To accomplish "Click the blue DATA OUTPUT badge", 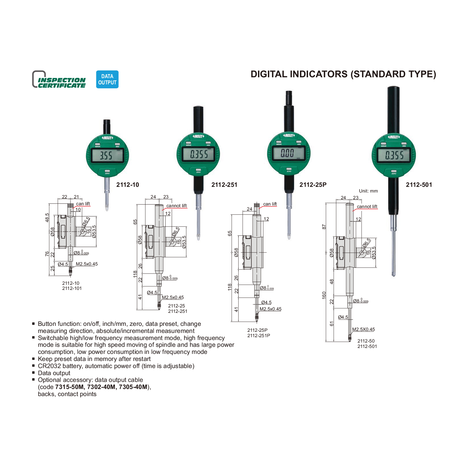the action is click(x=107, y=79).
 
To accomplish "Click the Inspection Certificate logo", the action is click(x=59, y=80).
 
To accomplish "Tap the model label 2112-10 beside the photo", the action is click(x=127, y=185).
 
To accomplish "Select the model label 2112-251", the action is click(x=224, y=185).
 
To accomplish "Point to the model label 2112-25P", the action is click(x=313, y=185).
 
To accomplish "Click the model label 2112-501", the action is click(x=419, y=185).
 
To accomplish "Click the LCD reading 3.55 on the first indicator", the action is click(x=106, y=155).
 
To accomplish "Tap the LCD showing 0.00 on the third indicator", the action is click(x=287, y=153).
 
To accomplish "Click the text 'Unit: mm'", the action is click(x=368, y=191).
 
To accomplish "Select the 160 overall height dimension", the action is click(x=324, y=295).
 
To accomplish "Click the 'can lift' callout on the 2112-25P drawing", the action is click(x=270, y=204).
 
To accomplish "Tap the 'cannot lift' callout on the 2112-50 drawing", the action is click(x=367, y=206).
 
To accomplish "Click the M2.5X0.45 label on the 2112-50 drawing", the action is click(x=363, y=329).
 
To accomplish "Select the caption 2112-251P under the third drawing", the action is click(x=258, y=335).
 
